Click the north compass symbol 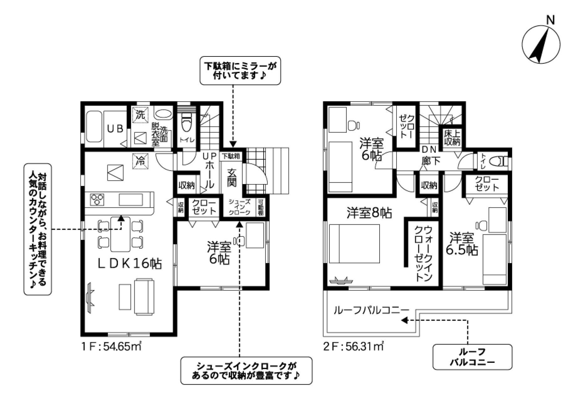541,44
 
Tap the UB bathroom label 116,129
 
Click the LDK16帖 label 130,264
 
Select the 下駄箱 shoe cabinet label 231,156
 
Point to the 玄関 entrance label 232,178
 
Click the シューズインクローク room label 240,207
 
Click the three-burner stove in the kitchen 97,200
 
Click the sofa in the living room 144,296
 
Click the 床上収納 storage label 452,138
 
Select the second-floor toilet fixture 498,162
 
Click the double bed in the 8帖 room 354,244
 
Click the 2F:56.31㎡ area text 353,347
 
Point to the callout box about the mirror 240,71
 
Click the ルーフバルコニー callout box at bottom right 472,357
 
